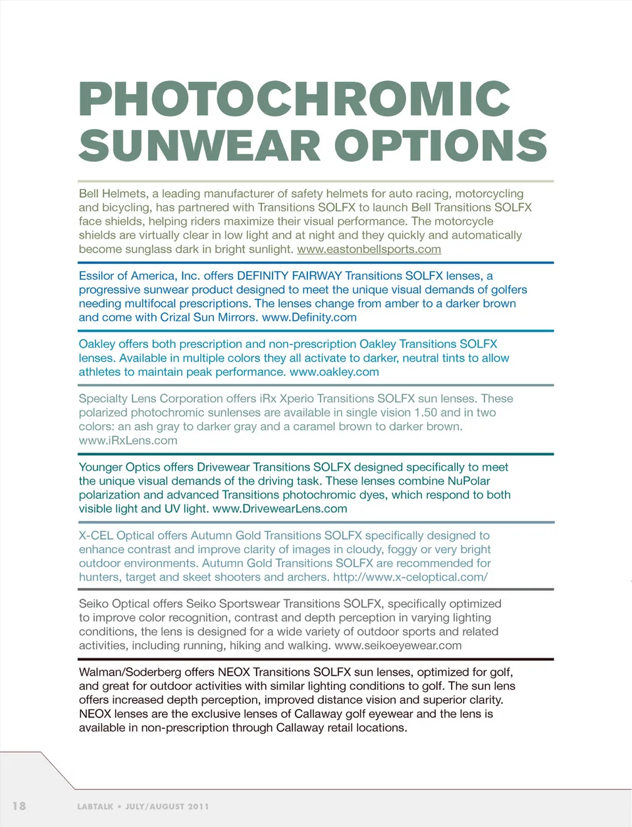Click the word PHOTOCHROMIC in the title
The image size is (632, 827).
(x=294, y=99)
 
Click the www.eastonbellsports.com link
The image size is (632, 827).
(x=369, y=249)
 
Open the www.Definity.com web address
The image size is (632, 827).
(x=309, y=317)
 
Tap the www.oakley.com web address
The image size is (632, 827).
(x=334, y=372)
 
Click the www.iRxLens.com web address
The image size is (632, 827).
(x=128, y=440)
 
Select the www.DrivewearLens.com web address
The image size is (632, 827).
(x=280, y=509)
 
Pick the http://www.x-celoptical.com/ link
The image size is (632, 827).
(x=410, y=577)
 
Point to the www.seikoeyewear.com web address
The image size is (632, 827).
(x=398, y=646)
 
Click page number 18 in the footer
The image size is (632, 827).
(x=19, y=806)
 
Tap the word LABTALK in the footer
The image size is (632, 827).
(x=95, y=807)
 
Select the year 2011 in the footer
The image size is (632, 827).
(x=197, y=807)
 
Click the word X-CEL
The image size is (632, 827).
(x=96, y=536)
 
